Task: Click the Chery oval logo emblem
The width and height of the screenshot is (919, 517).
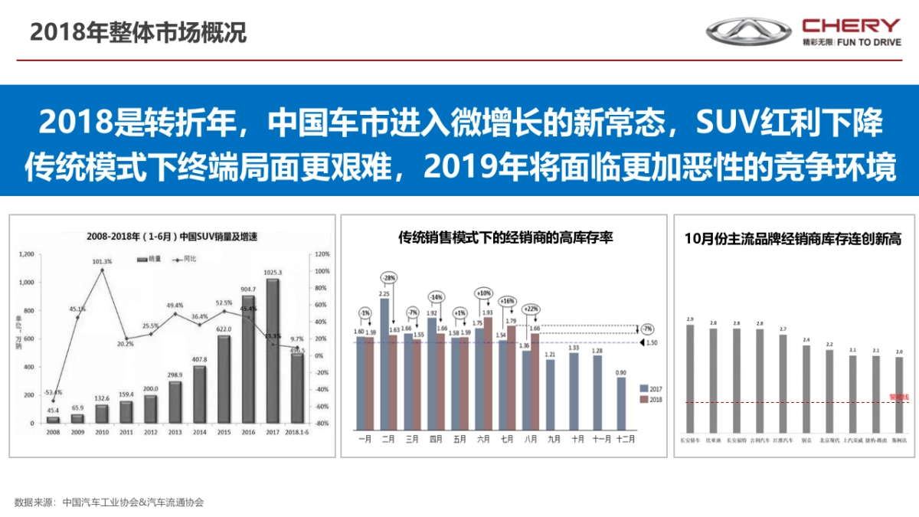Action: [748, 31]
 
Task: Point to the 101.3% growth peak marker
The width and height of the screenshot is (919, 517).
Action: [102, 270]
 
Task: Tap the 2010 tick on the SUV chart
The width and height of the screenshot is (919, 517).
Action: [102, 433]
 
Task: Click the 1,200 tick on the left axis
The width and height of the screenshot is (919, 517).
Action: [26, 254]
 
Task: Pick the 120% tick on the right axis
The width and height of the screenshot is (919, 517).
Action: [321, 254]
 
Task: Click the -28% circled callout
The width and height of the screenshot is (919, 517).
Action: [389, 277]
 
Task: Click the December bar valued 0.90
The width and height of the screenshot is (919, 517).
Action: [621, 403]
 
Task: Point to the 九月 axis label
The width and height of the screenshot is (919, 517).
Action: [554, 440]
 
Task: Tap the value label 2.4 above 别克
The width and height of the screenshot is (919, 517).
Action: [806, 339]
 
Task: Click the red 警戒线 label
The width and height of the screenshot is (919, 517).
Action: [898, 397]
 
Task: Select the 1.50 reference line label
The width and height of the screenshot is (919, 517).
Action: [651, 343]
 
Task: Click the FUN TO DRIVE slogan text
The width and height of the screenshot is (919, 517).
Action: [869, 42]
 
